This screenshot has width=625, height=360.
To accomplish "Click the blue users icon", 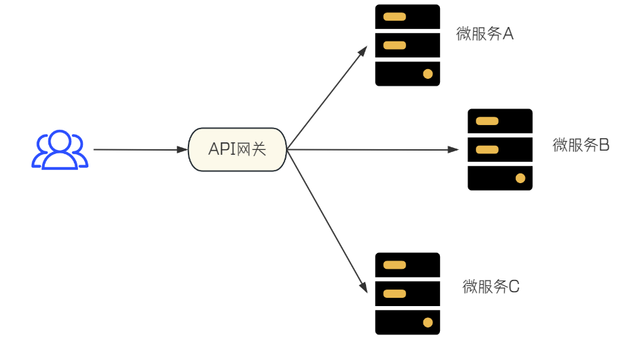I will pyautogui.click(x=60, y=149).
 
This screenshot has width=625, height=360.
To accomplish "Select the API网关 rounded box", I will pyautogui.click(x=237, y=149).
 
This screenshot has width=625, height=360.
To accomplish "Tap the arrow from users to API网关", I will pyautogui.click(x=138, y=149).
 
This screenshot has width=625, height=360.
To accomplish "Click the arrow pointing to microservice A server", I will pyautogui.click(x=328, y=97).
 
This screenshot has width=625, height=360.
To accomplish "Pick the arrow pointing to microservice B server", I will pyautogui.click(x=373, y=149).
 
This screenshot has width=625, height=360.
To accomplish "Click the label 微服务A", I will pyautogui.click(x=485, y=34).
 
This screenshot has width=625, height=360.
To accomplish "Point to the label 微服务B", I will pyautogui.click(x=581, y=145).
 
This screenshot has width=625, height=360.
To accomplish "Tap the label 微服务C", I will pyautogui.click(x=490, y=287).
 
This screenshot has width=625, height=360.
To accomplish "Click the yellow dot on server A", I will pyautogui.click(x=427, y=73).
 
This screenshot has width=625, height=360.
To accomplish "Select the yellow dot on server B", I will pyautogui.click(x=520, y=178).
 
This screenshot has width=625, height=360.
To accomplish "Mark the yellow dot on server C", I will pyautogui.click(x=427, y=322).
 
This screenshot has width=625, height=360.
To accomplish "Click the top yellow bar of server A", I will pyautogui.click(x=394, y=17).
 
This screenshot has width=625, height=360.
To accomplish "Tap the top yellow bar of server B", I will pyautogui.click(x=487, y=122).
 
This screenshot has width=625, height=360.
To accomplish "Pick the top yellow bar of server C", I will pyautogui.click(x=394, y=265).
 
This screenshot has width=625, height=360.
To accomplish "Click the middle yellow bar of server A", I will pyautogui.click(x=394, y=46).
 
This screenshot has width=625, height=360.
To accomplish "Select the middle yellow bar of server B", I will pyautogui.click(x=487, y=150).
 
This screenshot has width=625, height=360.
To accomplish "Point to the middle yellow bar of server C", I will pyautogui.click(x=394, y=294).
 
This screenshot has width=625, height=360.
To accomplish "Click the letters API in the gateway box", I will pyautogui.click(x=222, y=149).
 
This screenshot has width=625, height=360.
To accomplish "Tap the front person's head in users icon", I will pyautogui.click(x=60, y=140).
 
